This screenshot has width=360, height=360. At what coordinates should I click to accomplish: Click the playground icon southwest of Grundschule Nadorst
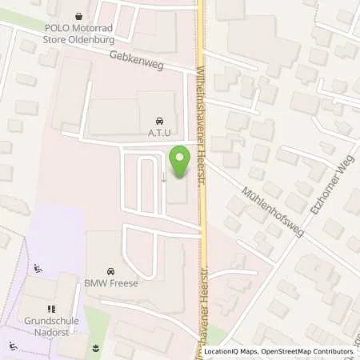click(13, 346)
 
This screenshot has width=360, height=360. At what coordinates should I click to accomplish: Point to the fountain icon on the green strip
click(97, 348)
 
